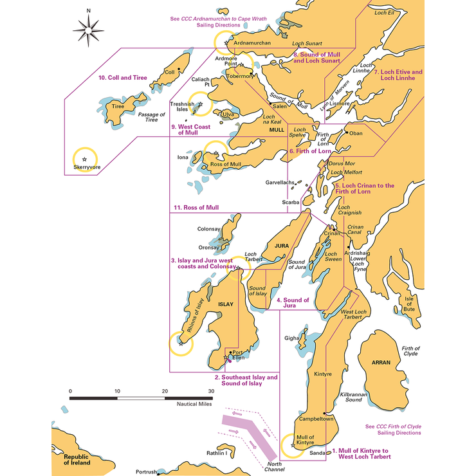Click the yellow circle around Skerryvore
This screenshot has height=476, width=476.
tap(84, 158)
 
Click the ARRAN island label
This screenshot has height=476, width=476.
tap(381, 363)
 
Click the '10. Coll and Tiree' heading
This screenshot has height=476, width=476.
tap(122, 78)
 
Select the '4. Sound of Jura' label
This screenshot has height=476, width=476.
tap(293, 303)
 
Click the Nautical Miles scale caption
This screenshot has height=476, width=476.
tap(196, 405)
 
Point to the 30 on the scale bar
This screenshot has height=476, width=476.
tap(210, 391)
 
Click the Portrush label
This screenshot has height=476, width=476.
tap(146, 471)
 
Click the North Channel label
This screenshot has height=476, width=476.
tap(274, 466)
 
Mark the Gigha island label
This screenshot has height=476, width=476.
tap(291, 337)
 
